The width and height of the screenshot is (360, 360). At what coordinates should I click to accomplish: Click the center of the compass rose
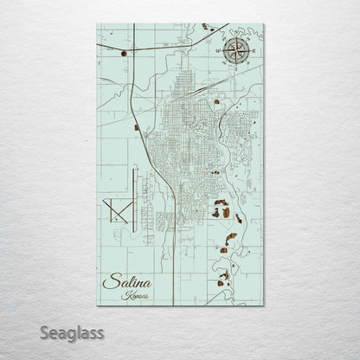(235, 51)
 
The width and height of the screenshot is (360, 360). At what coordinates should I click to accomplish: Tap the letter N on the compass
(235, 36)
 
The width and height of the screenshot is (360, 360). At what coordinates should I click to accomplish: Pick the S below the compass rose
(235, 68)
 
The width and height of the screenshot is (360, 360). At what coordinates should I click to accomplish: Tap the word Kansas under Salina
(135, 295)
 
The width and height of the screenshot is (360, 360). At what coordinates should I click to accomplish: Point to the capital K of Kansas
(126, 295)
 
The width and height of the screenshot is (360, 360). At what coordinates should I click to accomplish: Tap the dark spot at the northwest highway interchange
(125, 54)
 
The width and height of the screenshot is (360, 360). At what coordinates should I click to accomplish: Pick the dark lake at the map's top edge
(207, 27)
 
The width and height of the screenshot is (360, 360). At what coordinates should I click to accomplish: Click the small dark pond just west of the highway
(137, 128)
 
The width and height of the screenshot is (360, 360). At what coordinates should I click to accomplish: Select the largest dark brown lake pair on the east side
(222, 210)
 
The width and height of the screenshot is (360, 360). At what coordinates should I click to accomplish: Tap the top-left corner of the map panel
(98, 24)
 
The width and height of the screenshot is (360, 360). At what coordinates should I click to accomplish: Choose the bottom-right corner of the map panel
(263, 305)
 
